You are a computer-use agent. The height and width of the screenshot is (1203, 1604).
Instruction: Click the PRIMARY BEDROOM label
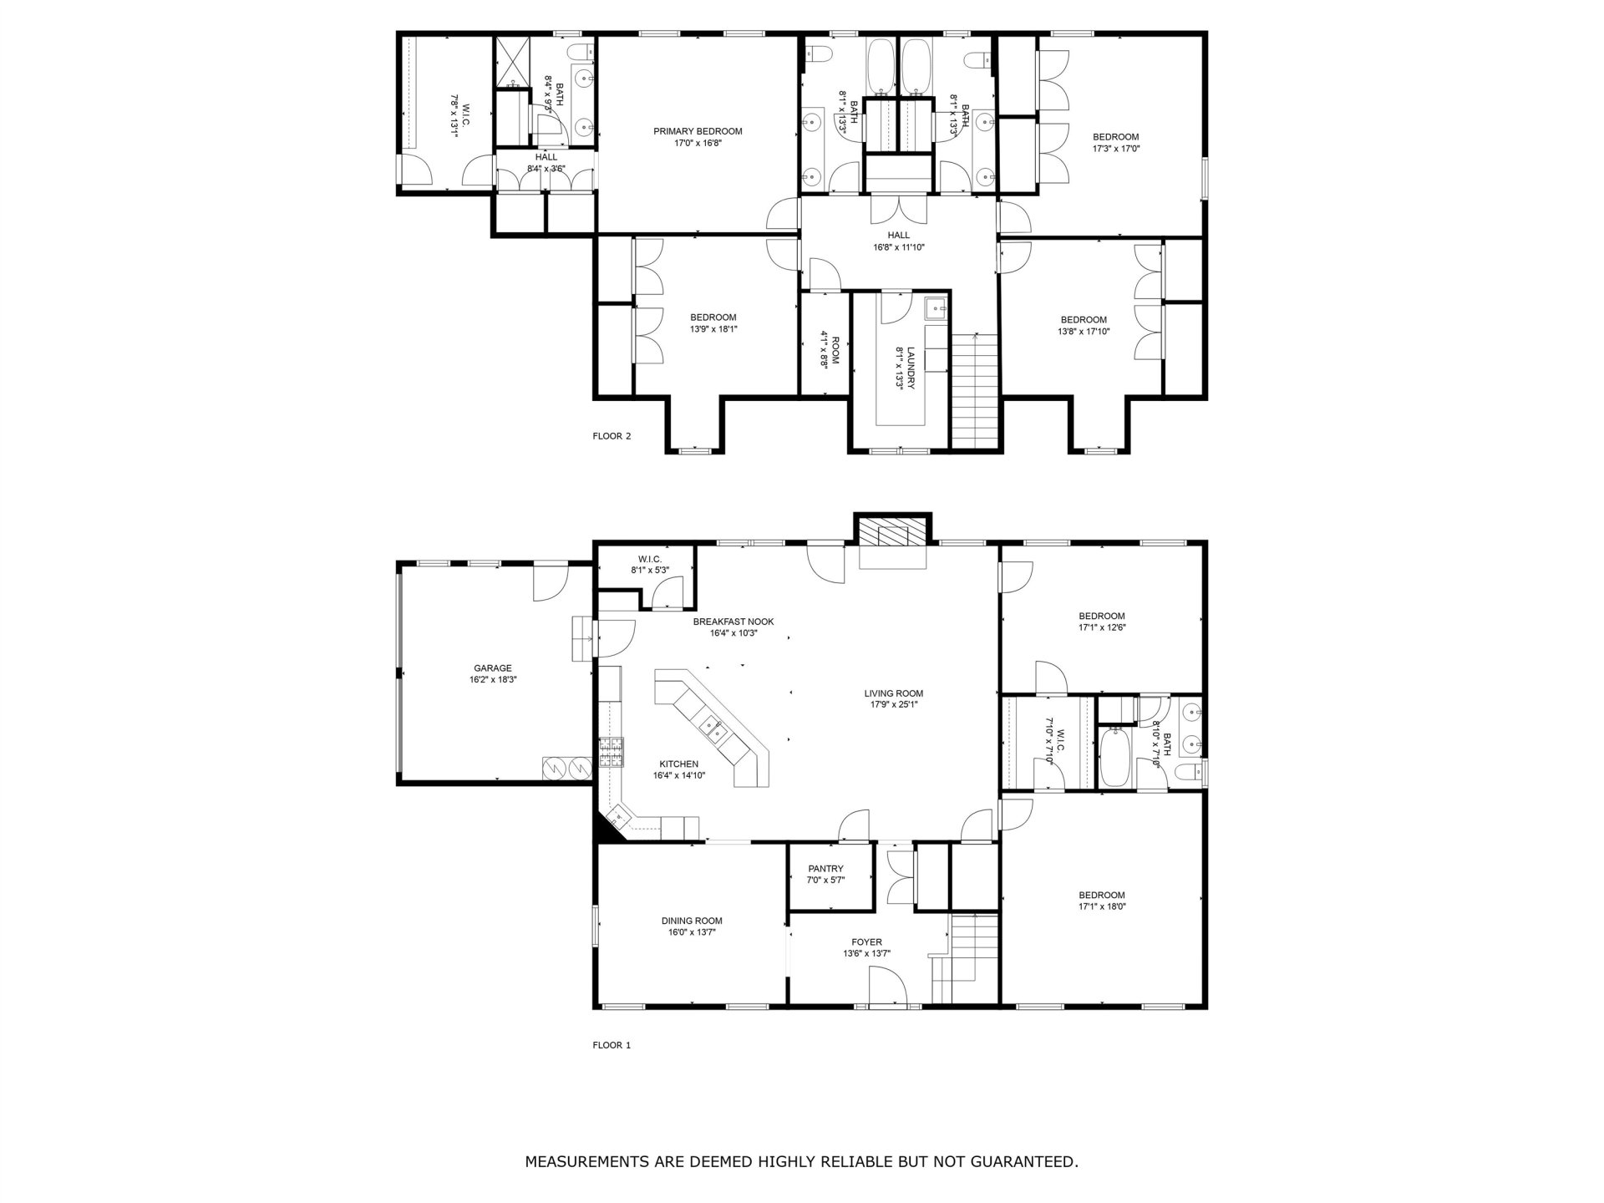point(698,131)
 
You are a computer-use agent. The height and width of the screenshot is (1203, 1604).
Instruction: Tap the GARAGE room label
point(493,668)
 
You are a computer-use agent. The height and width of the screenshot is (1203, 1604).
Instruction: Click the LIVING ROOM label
point(893,693)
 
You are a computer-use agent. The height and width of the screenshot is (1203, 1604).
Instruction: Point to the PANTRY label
point(825,869)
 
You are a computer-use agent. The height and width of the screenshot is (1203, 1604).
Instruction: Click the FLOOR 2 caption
point(612,436)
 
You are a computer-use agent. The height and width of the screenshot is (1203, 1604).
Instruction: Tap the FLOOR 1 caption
point(612,1045)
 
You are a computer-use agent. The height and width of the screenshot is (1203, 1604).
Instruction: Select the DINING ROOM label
point(692,921)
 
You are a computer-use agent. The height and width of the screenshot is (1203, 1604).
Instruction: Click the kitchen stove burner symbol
point(612,753)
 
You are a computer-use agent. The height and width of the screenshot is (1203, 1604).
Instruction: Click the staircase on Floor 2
point(975,390)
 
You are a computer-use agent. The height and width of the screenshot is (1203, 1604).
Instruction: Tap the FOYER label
point(867,942)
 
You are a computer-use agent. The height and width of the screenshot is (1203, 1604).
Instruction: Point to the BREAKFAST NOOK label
point(733,622)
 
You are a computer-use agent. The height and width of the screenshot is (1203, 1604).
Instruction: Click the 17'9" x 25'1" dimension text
point(893,704)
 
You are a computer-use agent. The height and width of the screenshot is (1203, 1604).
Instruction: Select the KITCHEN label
point(679,764)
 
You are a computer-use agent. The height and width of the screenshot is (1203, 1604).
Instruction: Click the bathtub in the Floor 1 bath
point(1114,757)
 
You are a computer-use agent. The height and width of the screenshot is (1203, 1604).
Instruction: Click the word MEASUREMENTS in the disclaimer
point(592,1161)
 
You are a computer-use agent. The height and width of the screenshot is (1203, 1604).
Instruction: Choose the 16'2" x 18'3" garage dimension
point(493,680)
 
